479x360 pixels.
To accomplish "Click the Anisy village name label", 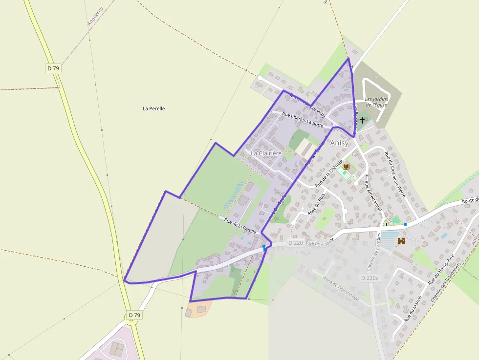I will tap(340, 143).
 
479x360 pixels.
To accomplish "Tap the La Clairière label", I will tap(266, 153).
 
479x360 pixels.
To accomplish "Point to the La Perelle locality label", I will tap(153, 108).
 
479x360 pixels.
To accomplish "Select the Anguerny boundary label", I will tap(95, 16).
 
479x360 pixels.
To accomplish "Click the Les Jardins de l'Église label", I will tap(376, 102).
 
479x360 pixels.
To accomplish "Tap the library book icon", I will tap(346, 167).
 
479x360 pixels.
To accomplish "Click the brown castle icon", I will tap(401, 241).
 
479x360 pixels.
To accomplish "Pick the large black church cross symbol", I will tap(362, 120).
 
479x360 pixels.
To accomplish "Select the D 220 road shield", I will tap(296, 242).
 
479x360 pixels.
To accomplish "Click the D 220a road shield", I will tap(370, 278).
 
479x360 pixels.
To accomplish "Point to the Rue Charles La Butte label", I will tap(303, 120).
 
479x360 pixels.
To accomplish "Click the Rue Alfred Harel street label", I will tap(372, 196).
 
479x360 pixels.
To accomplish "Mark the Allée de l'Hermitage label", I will tap(341, 288).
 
